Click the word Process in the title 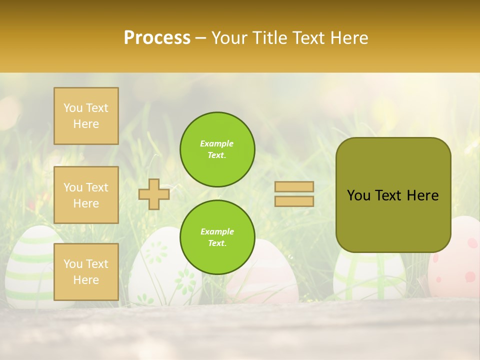(x=157, y=38)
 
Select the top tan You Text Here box (x=86, y=116)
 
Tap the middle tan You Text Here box (x=86, y=195)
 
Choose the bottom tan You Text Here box (x=86, y=272)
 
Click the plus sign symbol (x=154, y=194)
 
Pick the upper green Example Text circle (x=217, y=149)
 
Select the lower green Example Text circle (x=217, y=237)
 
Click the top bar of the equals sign (x=294, y=187)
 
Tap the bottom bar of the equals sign (x=294, y=201)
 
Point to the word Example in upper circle (x=216, y=144)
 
